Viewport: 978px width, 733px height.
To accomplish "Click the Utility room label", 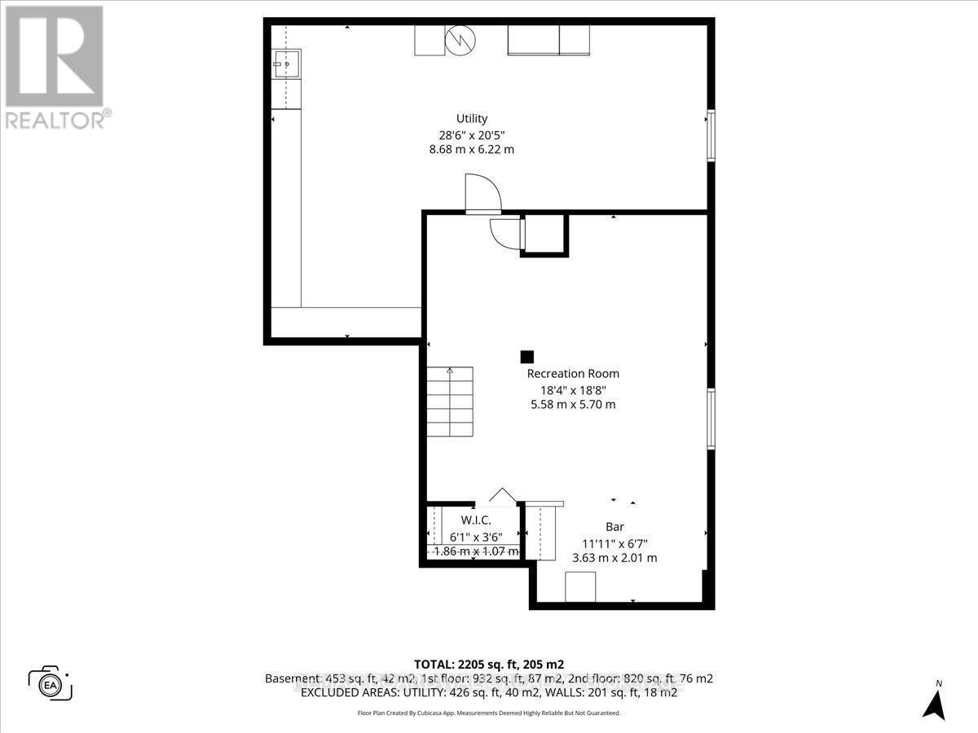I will click(x=472, y=119).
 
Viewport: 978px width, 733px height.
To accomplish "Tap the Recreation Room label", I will click(x=573, y=374).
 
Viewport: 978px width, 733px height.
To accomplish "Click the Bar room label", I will click(x=614, y=527).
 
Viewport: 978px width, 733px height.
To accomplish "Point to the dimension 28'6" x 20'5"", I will click(x=472, y=134).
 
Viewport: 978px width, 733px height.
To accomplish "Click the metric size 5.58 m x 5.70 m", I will click(x=573, y=405).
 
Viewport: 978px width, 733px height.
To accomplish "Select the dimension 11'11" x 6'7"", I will click(x=614, y=542).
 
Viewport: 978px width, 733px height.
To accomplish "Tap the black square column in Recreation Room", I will click(x=527, y=357).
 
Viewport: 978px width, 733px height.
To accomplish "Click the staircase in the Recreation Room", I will click(x=450, y=402).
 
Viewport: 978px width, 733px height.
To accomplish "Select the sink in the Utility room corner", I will click(x=286, y=62).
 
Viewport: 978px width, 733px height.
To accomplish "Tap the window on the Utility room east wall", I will click(x=711, y=135).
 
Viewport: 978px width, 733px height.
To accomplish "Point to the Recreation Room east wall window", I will click(x=711, y=419).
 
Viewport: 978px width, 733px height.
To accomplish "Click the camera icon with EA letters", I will click(x=50, y=683).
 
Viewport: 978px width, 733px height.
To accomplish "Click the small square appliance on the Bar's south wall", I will click(x=580, y=586).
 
